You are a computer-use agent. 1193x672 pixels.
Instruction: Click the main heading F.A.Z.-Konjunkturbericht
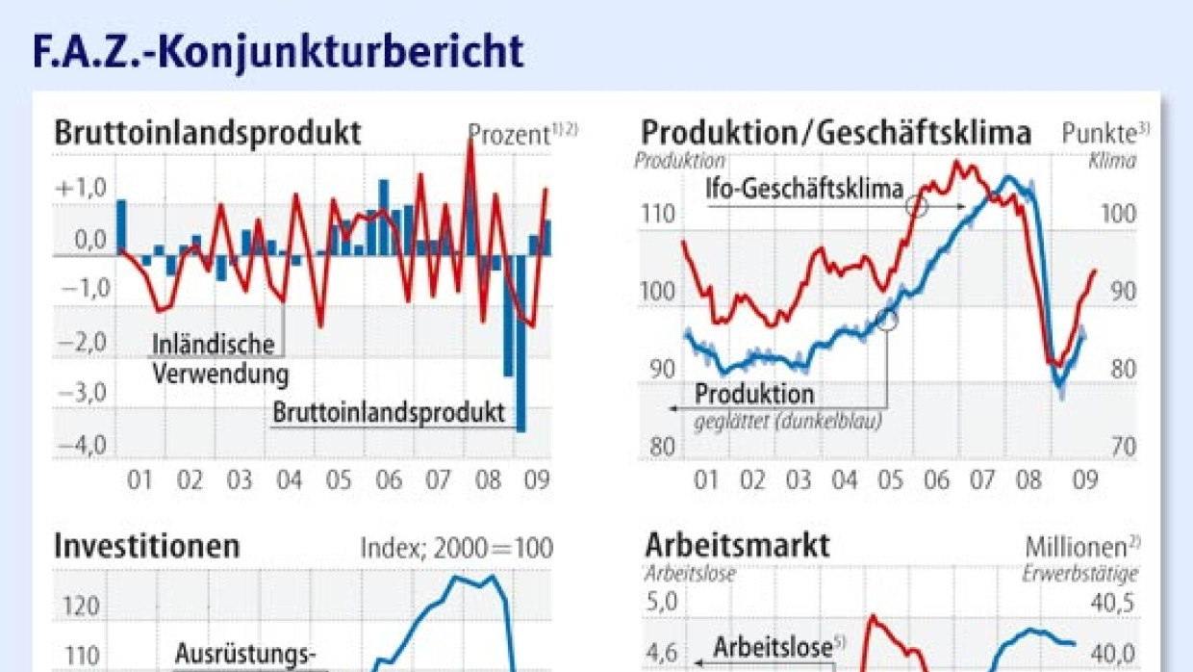pos(278,51)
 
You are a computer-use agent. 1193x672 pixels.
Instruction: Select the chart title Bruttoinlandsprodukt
pos(208,132)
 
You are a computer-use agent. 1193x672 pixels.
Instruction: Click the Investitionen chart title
pos(146,547)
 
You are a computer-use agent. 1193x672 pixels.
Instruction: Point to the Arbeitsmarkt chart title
pos(736,546)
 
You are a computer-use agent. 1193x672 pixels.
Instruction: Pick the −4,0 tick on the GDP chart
pos(83,446)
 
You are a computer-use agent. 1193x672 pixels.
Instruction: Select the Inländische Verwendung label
pos(219,358)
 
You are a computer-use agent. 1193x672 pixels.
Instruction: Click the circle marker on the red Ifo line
pos(917,205)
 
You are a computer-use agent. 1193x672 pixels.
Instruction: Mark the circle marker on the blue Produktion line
pos(887,320)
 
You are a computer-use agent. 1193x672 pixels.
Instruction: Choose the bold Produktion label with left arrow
pos(754,394)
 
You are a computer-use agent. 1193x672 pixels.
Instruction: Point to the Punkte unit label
pos(1104,133)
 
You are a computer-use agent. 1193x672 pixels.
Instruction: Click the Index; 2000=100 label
pos(457,548)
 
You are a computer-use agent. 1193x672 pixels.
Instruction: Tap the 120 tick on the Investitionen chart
pos(81,607)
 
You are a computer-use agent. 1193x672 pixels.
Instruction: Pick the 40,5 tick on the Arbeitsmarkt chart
pos(1114,604)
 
